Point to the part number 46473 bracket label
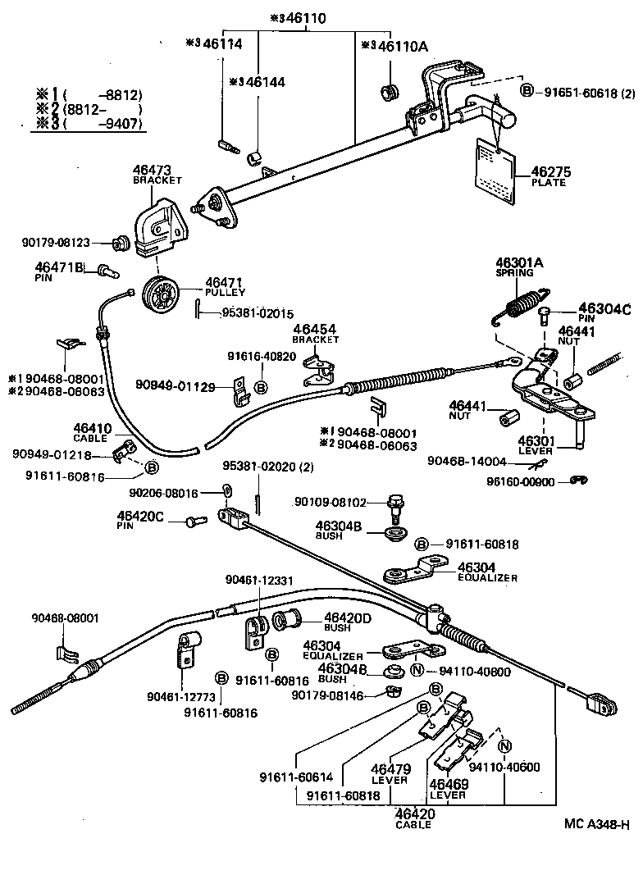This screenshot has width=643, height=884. click(152, 171)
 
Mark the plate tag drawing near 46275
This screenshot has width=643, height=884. click(495, 169)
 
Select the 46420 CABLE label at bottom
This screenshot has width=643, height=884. click(415, 813)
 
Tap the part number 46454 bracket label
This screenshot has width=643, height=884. click(314, 330)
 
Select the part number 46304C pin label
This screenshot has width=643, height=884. click(604, 308)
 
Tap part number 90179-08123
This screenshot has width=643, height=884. click(66, 243)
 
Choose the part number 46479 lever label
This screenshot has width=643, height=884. click(390, 769)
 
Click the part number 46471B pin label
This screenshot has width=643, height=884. click(60, 267)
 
